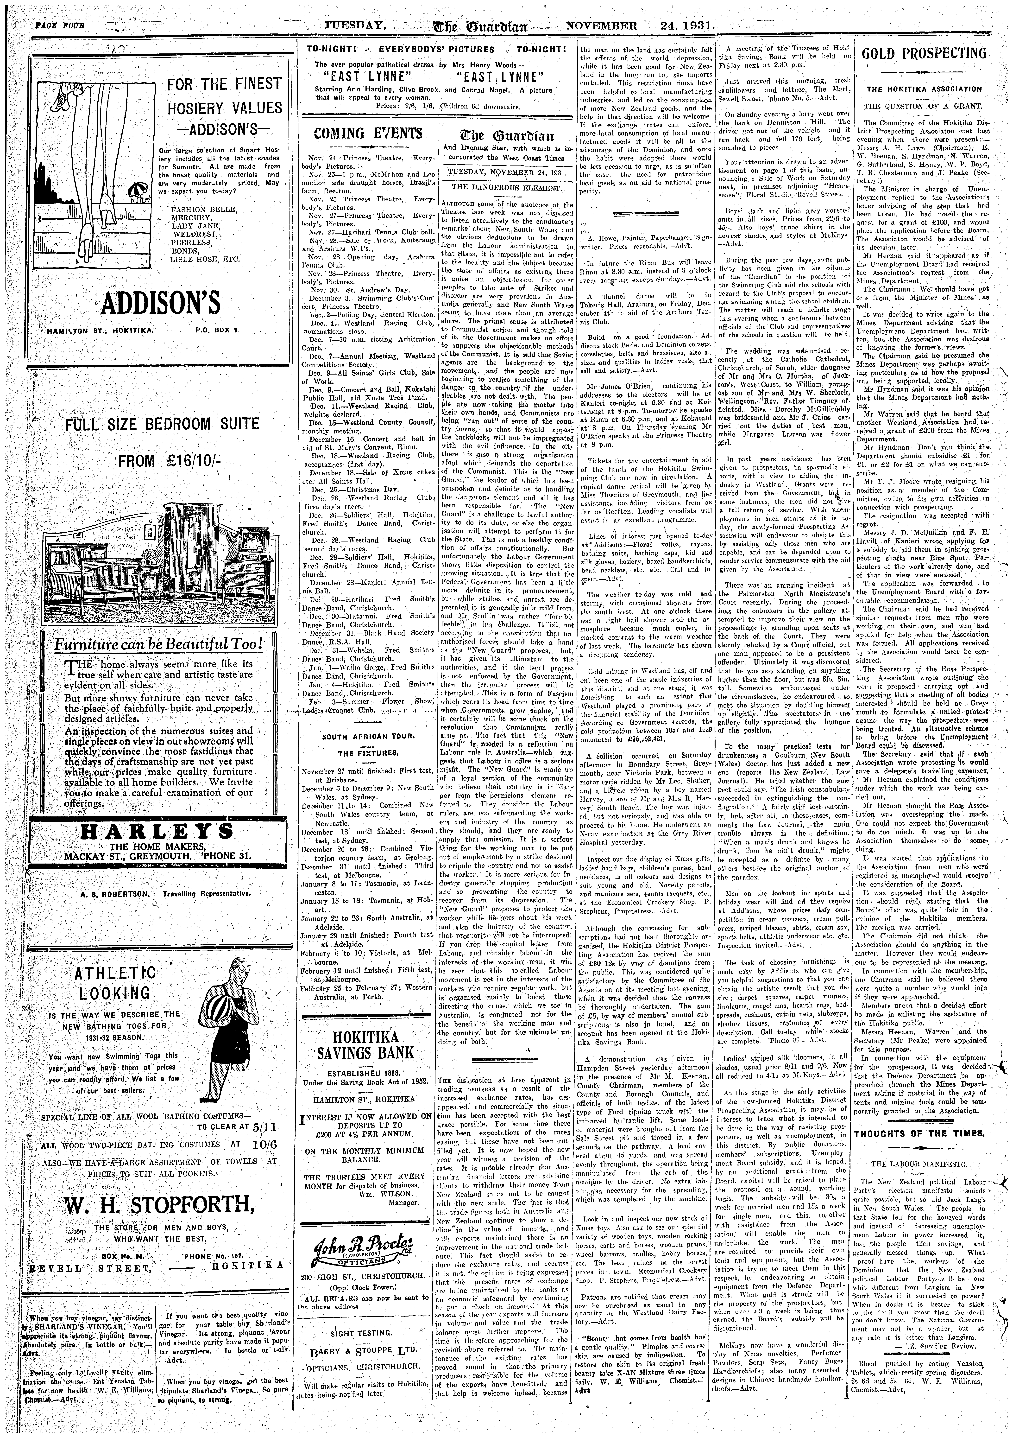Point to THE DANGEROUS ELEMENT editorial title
click(507, 187)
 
